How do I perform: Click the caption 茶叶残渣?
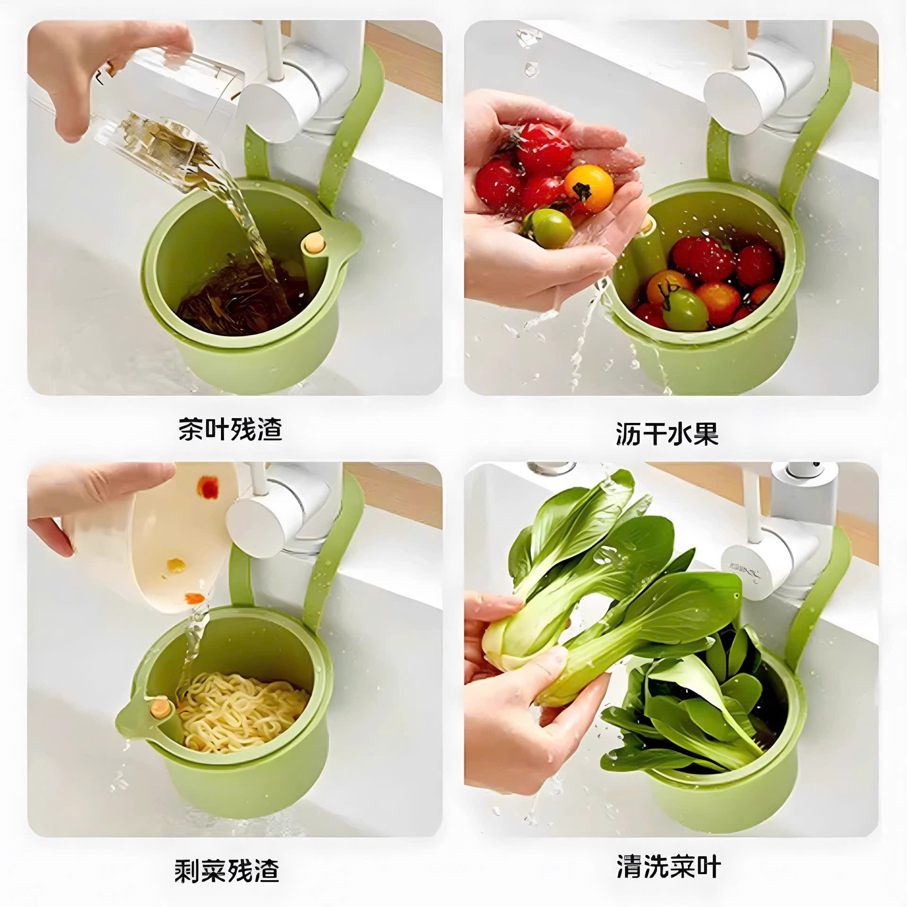click(230, 429)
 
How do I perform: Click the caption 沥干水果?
click(667, 433)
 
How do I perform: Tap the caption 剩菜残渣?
click(227, 871)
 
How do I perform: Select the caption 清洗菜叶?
click(668, 866)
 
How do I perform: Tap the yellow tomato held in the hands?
click(589, 188)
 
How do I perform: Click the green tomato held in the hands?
click(549, 229)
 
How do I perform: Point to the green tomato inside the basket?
click(685, 309)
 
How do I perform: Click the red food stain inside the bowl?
click(208, 487)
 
